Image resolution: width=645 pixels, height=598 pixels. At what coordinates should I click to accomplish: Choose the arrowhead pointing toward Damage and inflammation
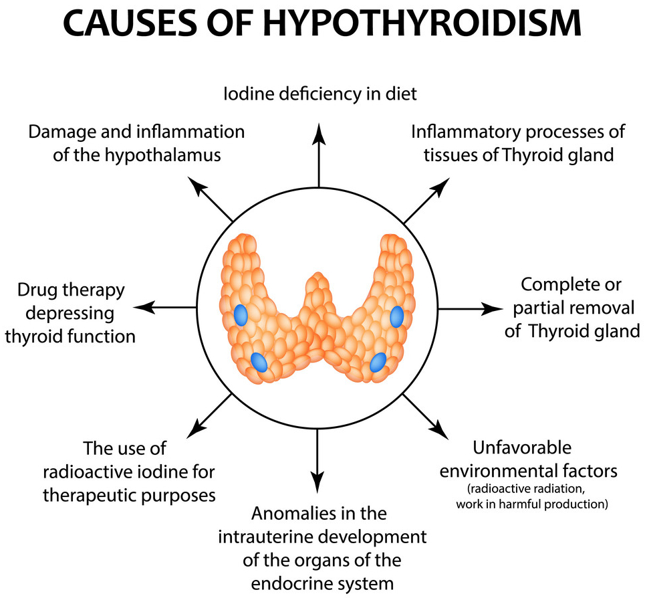(x=197, y=185)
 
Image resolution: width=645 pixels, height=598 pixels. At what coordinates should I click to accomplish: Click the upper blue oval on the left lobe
(x=241, y=314)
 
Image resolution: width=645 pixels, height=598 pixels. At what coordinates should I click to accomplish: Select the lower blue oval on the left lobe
(x=259, y=363)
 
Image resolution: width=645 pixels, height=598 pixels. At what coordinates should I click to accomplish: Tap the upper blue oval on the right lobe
(x=396, y=316)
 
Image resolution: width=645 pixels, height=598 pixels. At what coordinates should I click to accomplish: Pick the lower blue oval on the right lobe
(x=378, y=362)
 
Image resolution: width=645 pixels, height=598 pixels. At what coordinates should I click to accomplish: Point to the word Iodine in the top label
(x=247, y=93)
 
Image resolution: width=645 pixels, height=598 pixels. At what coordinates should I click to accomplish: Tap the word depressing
(x=70, y=313)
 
